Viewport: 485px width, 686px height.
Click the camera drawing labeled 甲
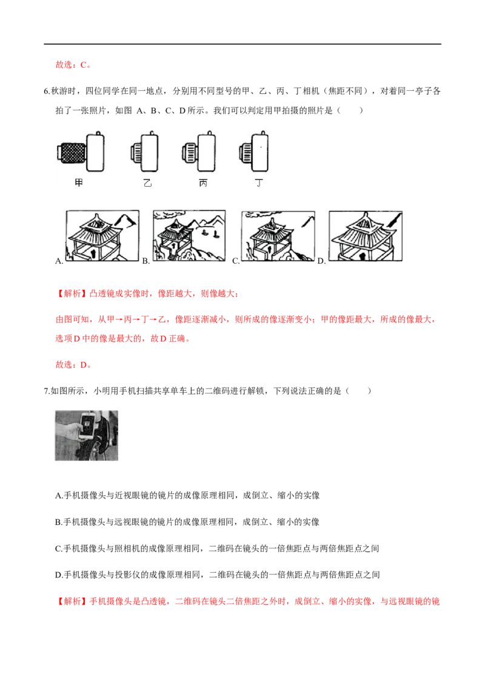[81, 152]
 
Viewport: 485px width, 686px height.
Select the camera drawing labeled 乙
[144, 152]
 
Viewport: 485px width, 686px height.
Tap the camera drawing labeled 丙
[199, 152]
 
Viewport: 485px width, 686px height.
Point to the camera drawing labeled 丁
[254, 152]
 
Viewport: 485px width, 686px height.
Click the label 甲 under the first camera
[79, 183]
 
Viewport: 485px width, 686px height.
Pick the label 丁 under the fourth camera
[259, 183]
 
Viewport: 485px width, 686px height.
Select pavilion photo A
[102, 236]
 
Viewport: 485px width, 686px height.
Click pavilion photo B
[189, 236]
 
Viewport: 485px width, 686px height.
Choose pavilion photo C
[278, 236]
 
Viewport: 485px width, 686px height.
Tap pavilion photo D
[366, 236]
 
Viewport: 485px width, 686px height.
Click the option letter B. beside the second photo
[145, 261]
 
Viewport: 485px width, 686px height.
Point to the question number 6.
[47, 91]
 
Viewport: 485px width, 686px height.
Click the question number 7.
[47, 391]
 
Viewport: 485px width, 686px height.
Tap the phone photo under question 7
[87, 435]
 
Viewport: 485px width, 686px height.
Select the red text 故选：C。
[73, 65]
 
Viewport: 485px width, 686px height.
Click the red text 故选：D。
[73, 364]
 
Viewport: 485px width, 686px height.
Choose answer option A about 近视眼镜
[187, 495]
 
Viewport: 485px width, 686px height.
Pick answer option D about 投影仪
[218, 574]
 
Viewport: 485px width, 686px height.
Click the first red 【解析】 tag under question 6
[72, 293]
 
